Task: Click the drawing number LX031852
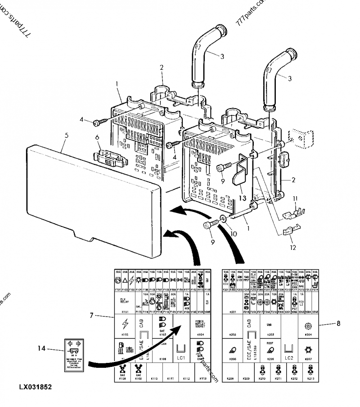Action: (35, 387)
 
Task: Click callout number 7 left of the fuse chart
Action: (91, 316)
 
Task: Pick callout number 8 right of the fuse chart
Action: (338, 323)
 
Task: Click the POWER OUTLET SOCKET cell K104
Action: (200, 326)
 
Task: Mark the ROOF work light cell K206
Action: (270, 349)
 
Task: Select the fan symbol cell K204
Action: (308, 326)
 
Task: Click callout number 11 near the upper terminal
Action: (295, 198)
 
